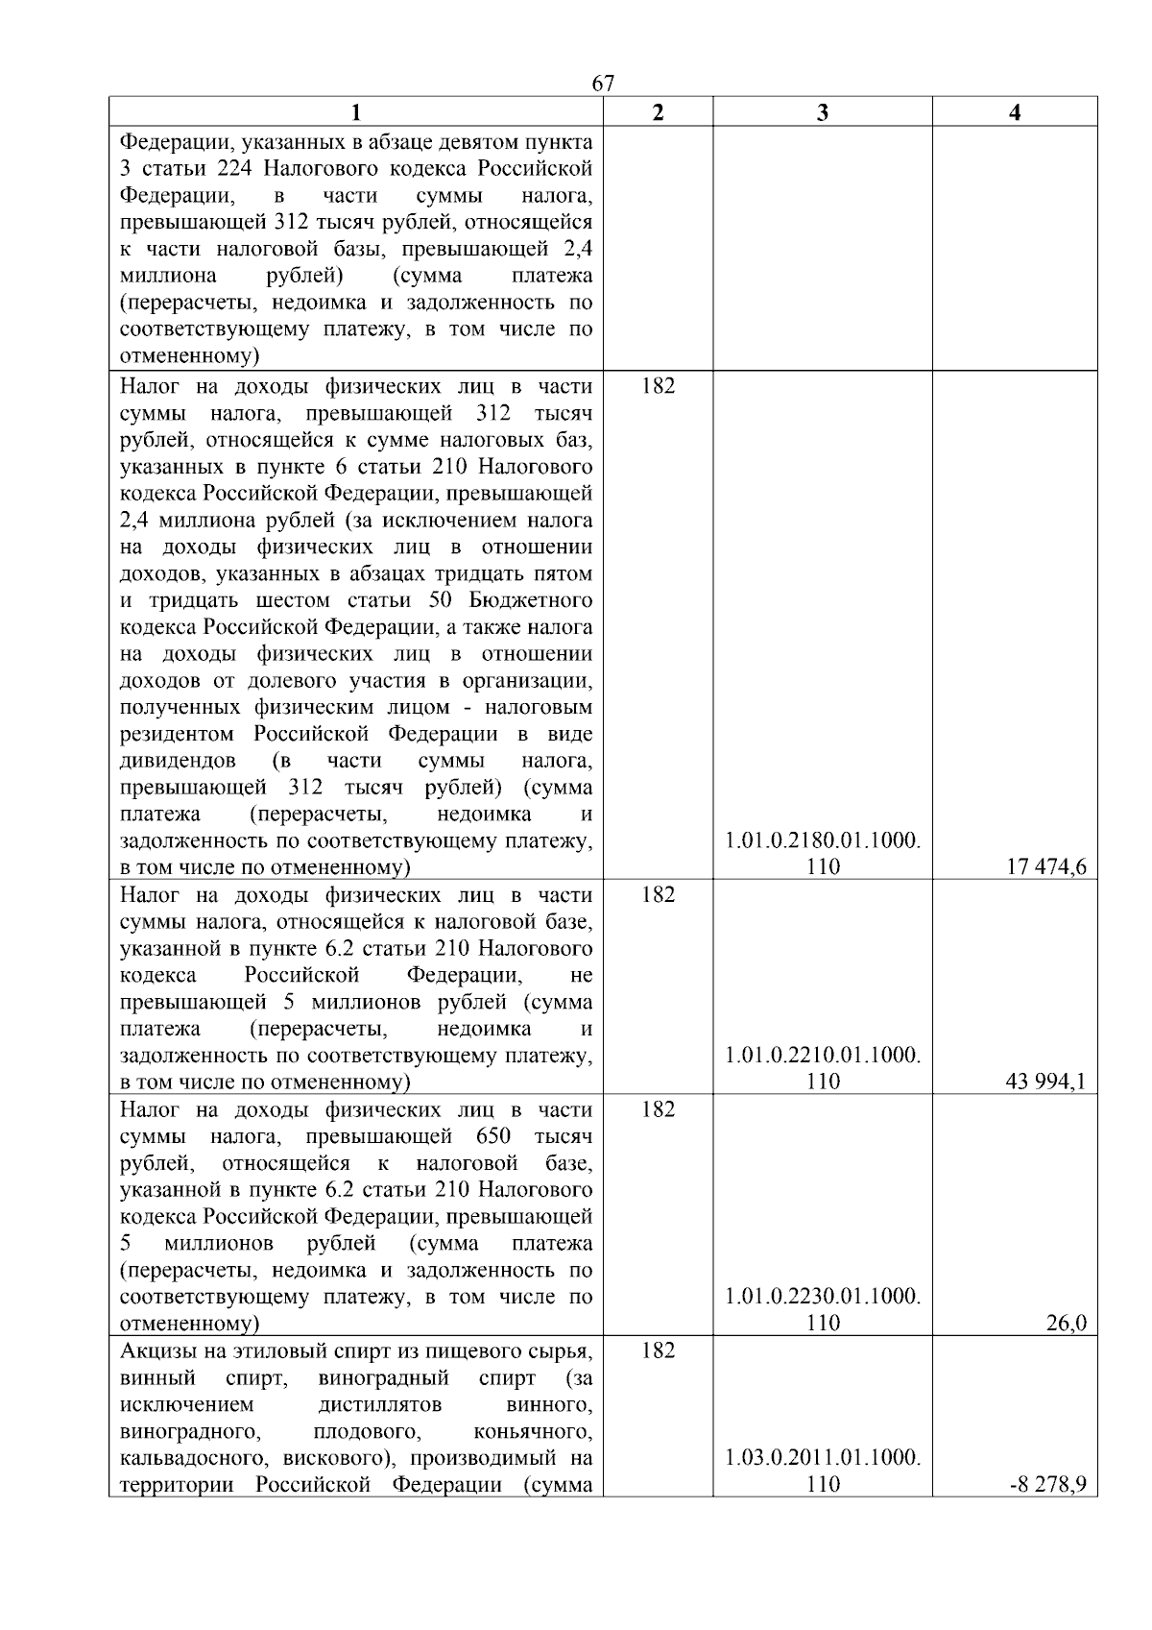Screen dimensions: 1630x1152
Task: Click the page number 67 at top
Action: coord(603,84)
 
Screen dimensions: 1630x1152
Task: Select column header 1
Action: coord(355,112)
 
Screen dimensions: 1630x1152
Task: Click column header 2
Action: coord(658,112)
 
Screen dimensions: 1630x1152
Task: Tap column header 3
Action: coord(823,112)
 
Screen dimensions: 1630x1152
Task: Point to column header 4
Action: coord(1015,112)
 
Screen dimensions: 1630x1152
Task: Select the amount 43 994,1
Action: coord(1045,1082)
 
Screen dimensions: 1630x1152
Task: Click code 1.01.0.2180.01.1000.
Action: coord(823,841)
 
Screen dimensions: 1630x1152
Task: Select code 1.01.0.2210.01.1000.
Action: coord(823,1056)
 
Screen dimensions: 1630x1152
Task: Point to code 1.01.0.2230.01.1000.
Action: coord(823,1297)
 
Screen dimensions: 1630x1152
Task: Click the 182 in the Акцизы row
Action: coord(658,1351)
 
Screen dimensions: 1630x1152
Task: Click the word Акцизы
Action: coord(156,1351)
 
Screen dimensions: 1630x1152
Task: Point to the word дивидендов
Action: coord(179,761)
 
